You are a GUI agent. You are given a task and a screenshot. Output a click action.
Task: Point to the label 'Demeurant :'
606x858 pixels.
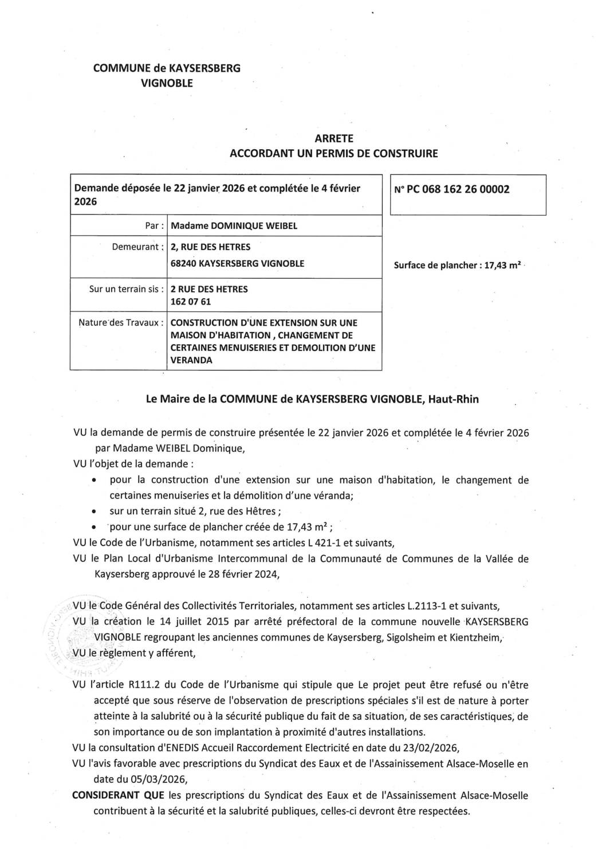[135, 247]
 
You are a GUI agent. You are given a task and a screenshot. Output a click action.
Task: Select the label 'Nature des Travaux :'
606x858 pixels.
[118, 322]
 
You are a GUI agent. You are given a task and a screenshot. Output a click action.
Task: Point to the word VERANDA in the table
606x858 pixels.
[187, 360]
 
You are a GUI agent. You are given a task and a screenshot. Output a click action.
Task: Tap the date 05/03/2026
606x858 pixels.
[140, 779]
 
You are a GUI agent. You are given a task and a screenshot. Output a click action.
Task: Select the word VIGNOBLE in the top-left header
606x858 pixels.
[167, 83]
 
